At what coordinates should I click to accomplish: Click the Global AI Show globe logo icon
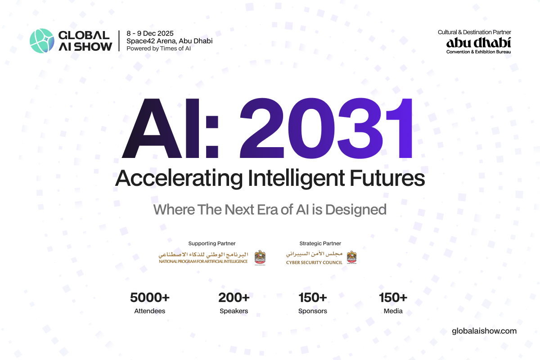click(41, 41)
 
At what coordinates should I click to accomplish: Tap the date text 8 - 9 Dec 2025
click(150, 34)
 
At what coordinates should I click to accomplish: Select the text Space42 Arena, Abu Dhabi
click(169, 41)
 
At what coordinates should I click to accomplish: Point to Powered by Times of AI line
click(158, 48)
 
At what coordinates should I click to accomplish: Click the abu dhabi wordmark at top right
click(478, 42)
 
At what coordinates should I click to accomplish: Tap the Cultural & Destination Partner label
click(474, 32)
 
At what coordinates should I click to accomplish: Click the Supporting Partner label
click(211, 243)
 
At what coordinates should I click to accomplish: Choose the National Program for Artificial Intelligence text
click(203, 261)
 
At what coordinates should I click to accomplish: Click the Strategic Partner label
click(320, 243)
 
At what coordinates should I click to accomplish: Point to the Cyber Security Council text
click(314, 262)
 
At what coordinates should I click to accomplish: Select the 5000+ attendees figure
click(149, 297)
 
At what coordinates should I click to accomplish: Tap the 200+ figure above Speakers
click(234, 297)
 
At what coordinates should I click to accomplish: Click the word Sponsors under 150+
click(312, 311)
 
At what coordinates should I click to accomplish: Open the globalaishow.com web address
click(484, 331)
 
